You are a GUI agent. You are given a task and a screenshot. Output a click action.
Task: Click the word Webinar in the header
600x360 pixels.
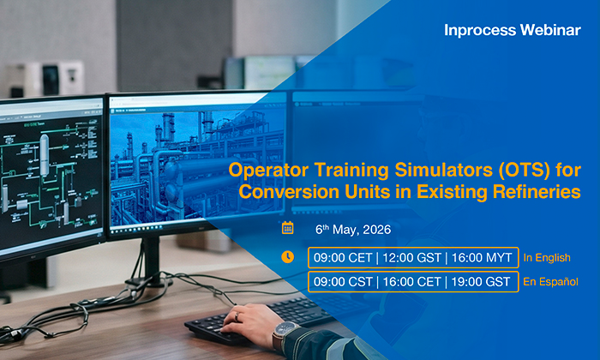[550, 30]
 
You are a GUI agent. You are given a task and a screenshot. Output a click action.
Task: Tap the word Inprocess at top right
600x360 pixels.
[480, 30]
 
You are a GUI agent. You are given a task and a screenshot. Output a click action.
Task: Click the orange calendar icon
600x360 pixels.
[288, 228]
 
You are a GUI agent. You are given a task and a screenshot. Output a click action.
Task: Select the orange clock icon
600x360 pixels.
[288, 257]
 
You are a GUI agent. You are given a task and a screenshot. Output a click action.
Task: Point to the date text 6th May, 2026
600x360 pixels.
[353, 230]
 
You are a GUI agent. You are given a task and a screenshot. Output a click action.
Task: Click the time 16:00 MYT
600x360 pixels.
[482, 258]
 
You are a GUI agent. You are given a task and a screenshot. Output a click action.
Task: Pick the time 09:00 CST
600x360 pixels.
[343, 282]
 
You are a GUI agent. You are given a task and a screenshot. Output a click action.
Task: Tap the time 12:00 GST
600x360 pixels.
[411, 258]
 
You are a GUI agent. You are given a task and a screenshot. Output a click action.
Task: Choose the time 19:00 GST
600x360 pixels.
[481, 282]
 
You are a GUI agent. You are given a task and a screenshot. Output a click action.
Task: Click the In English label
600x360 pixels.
[547, 258]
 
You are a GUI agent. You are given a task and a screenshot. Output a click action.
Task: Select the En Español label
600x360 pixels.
[550, 282]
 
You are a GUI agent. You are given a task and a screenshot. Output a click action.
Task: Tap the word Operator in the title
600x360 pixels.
[268, 171]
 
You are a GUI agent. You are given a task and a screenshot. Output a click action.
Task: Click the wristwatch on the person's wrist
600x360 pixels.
[285, 332]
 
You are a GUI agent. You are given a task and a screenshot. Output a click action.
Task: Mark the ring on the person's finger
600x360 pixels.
[237, 316]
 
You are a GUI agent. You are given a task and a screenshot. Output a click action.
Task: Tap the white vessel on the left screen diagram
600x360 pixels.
[45, 154]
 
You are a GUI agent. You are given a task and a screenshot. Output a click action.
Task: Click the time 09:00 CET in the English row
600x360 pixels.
[343, 258]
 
